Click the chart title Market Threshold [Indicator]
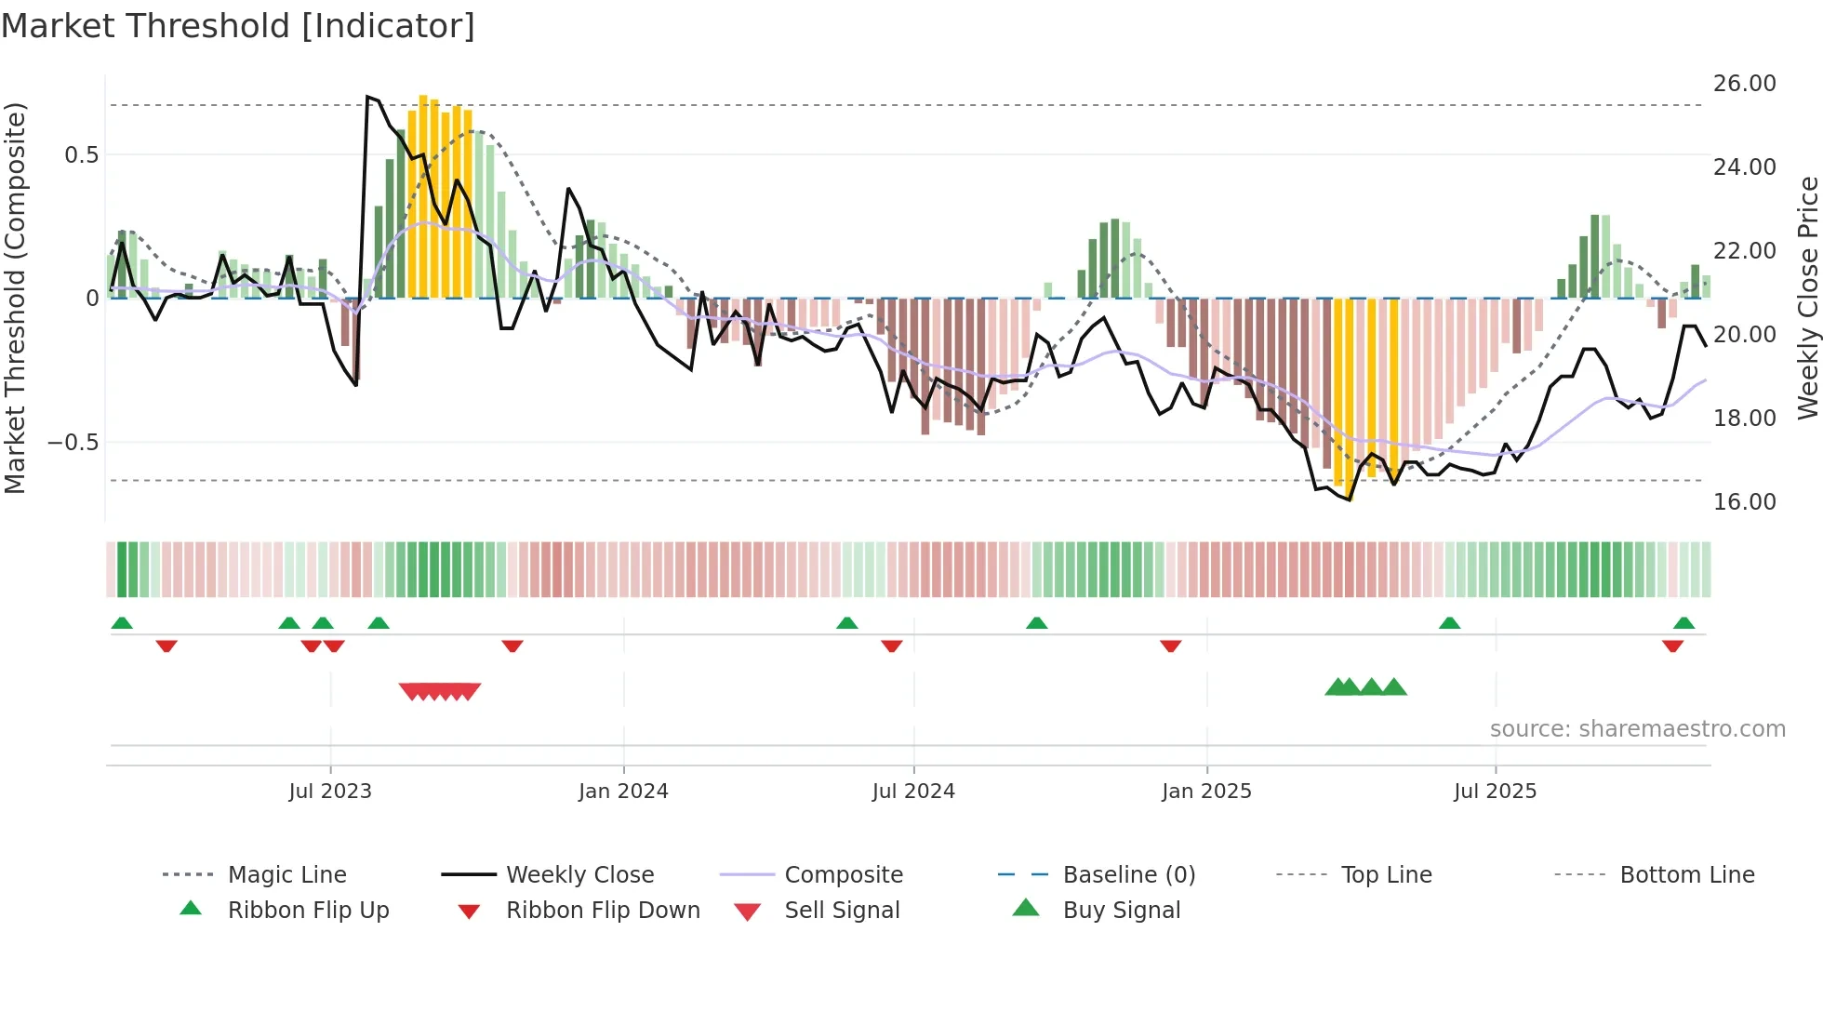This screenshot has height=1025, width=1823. (238, 26)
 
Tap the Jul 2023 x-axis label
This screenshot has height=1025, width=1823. (330, 792)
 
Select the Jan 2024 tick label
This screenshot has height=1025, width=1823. (623, 792)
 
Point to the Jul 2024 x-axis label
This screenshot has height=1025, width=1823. (913, 792)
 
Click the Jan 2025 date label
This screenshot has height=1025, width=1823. (1206, 792)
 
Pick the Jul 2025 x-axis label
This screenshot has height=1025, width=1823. (1496, 792)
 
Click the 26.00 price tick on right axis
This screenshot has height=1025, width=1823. (1745, 84)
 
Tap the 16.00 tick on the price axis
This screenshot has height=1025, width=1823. (1745, 502)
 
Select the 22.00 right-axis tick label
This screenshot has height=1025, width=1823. (1745, 251)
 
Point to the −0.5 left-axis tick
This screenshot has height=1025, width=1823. (73, 443)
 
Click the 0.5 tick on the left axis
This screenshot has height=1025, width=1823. (82, 155)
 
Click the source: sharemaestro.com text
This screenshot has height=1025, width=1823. (1637, 729)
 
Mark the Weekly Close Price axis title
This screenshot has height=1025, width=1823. (1807, 298)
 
